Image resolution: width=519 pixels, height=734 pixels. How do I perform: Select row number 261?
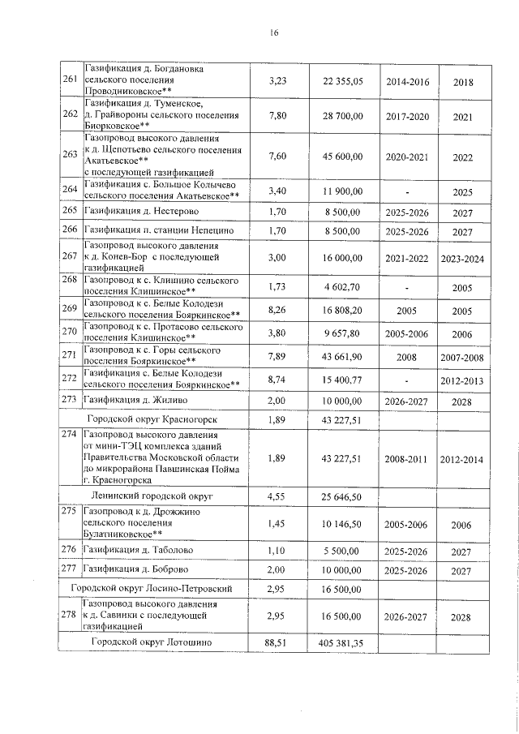[x=70, y=82]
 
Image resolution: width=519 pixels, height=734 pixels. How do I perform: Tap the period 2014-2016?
[x=407, y=82]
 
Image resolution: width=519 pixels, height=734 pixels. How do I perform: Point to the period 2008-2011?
[x=407, y=458]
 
